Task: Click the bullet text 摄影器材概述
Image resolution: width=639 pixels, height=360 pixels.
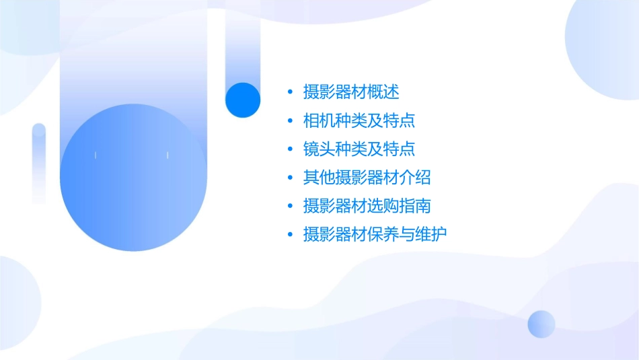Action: coord(351,92)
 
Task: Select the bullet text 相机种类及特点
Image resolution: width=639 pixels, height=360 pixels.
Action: coord(359,120)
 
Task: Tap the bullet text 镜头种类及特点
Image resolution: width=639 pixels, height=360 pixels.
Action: coord(359,149)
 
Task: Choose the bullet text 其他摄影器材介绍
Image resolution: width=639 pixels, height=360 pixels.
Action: coord(367,178)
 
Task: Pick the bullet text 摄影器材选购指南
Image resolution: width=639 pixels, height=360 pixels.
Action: coord(367,206)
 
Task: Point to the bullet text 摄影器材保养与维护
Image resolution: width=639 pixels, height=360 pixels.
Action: coord(375,234)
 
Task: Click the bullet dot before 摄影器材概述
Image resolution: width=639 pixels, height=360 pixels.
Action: coord(290,92)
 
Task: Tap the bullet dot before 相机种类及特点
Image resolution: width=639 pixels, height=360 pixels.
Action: coord(290,121)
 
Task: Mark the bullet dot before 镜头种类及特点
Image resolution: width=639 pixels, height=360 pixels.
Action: coord(290,149)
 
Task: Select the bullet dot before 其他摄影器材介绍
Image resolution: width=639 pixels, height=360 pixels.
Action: coord(290,178)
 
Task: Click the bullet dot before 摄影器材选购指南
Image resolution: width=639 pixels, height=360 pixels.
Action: coord(290,206)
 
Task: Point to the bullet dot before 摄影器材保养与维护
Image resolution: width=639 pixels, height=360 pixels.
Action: coord(290,235)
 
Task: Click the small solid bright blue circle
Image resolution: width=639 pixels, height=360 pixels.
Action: coord(243,100)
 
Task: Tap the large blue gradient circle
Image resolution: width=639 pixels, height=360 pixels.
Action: coord(133,178)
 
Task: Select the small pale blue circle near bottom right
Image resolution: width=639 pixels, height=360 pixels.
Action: coord(541,324)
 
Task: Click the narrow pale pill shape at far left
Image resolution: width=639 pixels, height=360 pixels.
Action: coord(39,164)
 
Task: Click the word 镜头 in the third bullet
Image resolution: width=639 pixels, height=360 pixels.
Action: coord(319,149)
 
